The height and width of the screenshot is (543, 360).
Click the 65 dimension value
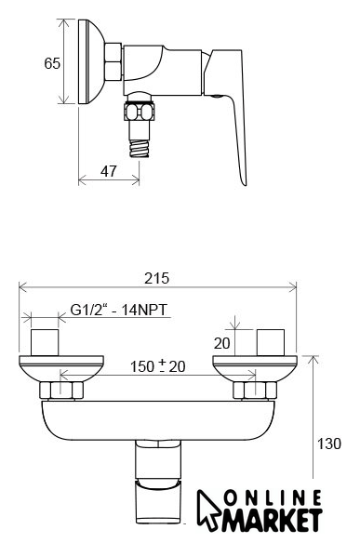[x=52, y=63]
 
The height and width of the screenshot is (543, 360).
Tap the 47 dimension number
[x=109, y=171]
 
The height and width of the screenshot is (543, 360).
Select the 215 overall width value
[x=157, y=278]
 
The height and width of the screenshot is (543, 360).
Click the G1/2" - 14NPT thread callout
[x=119, y=310]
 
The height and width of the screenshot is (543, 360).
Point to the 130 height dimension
[x=329, y=444]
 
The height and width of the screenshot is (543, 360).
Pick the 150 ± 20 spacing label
[x=157, y=366]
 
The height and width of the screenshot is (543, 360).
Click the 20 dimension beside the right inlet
[x=221, y=343]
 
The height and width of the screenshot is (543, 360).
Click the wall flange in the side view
[x=91, y=61]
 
